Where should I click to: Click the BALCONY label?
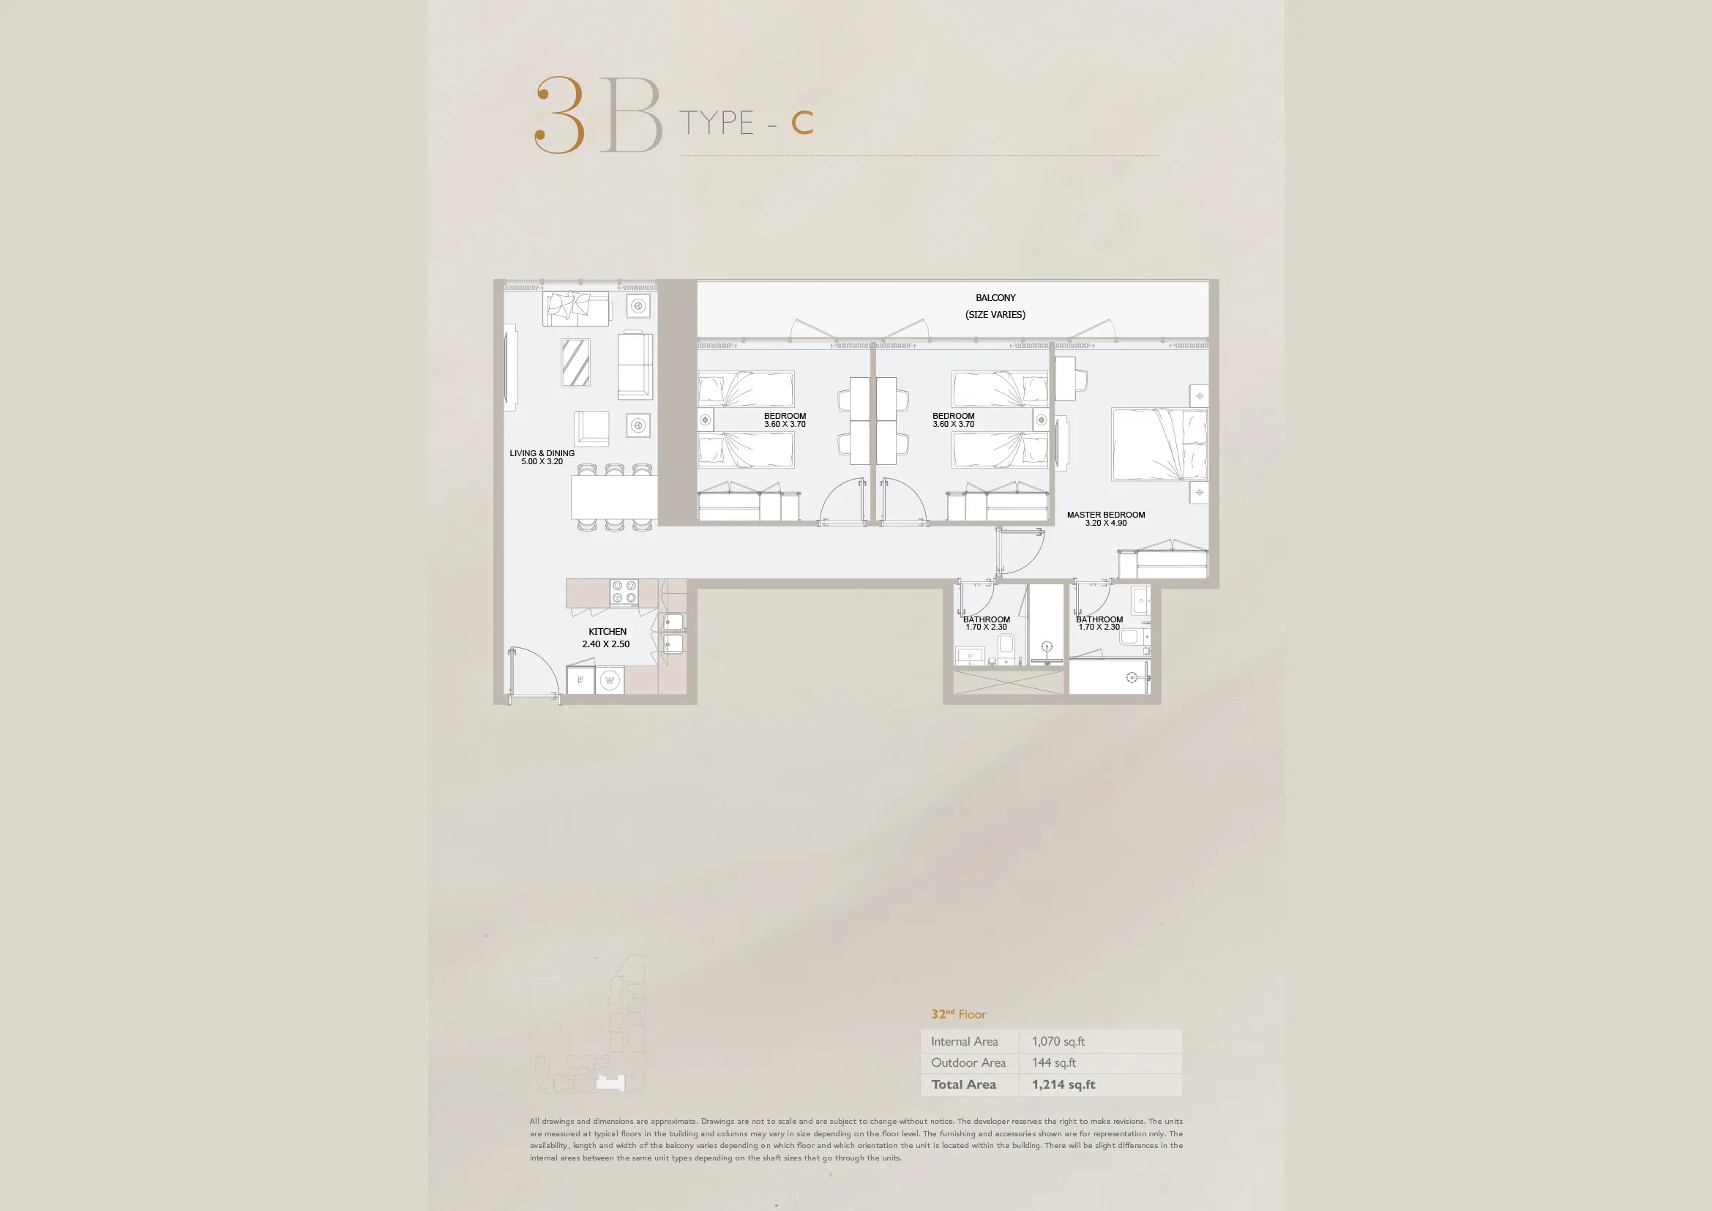coord(995,297)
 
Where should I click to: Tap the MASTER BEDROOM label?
coord(1106,515)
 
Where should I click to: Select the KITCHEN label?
coord(607,632)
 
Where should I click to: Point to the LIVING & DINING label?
coord(542,453)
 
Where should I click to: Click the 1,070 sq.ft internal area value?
coord(1058,1041)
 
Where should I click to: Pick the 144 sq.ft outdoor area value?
coord(1053,1062)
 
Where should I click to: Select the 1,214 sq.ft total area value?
coord(1064,1084)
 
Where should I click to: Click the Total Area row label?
coord(963,1084)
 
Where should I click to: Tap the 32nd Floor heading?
coord(958,1014)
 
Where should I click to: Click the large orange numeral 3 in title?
coord(560,115)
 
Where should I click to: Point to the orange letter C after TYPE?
coord(802,123)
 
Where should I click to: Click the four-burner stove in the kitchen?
coord(624,592)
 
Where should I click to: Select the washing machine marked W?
coord(610,680)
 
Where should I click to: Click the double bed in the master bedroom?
coord(1159,444)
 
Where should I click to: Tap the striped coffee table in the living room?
coord(575,362)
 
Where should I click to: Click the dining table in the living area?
coord(614,497)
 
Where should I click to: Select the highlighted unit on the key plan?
coord(610,1083)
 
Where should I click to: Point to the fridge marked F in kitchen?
coord(580,680)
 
